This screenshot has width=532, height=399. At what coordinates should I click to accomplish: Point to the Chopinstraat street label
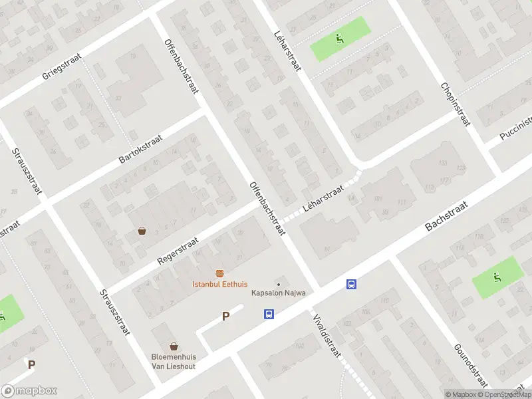(455, 105)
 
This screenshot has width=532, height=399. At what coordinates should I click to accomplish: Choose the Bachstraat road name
(447, 218)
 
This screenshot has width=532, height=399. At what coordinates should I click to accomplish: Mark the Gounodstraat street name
(471, 366)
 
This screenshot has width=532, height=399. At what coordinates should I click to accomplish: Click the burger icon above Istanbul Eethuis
(219, 273)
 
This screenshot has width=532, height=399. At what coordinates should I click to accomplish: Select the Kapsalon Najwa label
(278, 293)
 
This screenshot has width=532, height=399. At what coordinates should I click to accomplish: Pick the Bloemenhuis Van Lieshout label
(174, 360)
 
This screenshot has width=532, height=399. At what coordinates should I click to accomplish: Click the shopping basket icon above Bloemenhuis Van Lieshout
(174, 346)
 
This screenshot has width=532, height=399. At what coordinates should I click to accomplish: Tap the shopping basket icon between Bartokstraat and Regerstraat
(142, 231)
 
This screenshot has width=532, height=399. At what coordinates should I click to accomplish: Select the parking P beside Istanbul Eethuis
(225, 317)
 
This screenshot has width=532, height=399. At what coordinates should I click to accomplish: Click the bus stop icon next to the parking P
(269, 314)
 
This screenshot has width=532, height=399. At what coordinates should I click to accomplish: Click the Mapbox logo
(29, 391)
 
